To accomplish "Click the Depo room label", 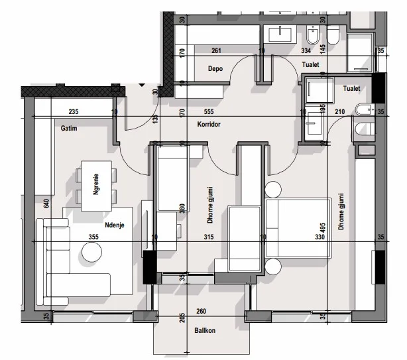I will point(215,68).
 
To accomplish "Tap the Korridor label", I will point(208,124).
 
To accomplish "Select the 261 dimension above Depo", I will point(216,50).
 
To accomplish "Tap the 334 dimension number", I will point(288,50).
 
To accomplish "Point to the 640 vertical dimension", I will point(47,203).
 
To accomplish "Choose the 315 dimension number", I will point(209,237).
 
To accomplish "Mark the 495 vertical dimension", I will point(323,229).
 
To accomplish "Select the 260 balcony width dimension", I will point(201,311).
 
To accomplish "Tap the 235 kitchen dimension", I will point(73,111).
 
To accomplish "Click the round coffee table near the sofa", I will point(91,253).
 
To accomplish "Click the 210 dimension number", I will point(340,111).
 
